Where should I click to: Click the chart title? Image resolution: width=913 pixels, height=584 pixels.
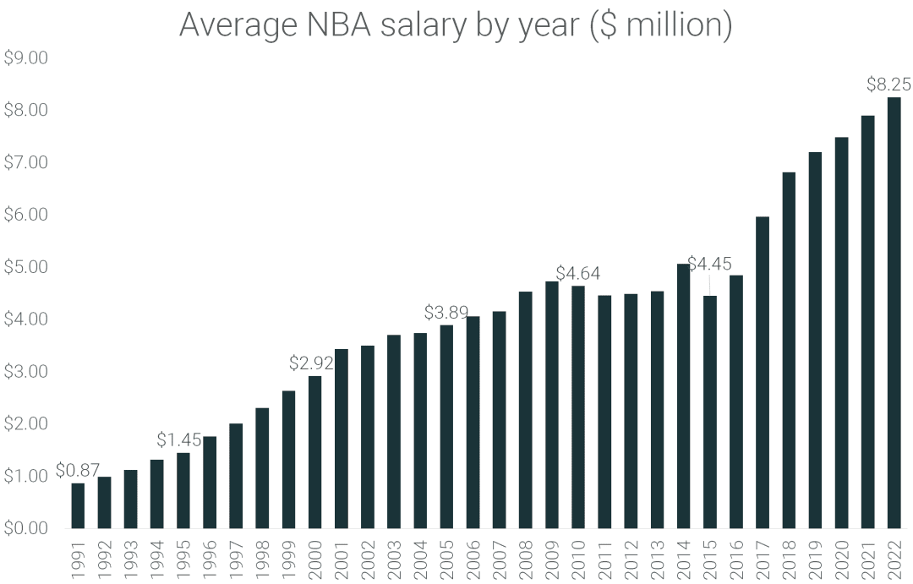456,25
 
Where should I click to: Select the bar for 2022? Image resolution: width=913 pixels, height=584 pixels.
894,313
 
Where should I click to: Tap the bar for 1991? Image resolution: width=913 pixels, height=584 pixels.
78,505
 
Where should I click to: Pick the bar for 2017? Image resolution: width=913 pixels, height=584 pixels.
763,372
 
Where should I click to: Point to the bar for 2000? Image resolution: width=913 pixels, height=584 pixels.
314,451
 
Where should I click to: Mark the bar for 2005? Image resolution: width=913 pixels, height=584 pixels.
446,426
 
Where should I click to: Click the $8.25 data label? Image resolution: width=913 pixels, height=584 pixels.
889,85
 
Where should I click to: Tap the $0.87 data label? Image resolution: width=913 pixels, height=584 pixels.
78,471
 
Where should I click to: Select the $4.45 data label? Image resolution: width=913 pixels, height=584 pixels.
709,264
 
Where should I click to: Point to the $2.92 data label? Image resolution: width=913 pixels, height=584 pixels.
311,363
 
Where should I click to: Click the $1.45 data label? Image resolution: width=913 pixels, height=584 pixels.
179,440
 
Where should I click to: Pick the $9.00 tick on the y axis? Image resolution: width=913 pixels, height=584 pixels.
26,58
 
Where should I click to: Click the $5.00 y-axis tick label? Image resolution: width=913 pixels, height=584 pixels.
26,267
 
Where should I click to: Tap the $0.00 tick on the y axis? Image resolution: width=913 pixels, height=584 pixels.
26,528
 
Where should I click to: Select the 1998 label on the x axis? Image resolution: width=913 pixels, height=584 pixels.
262,559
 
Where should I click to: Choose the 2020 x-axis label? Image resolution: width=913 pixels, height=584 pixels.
841,559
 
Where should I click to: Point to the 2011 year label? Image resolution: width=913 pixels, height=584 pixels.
604,559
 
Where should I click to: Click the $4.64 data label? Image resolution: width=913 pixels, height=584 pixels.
578,273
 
